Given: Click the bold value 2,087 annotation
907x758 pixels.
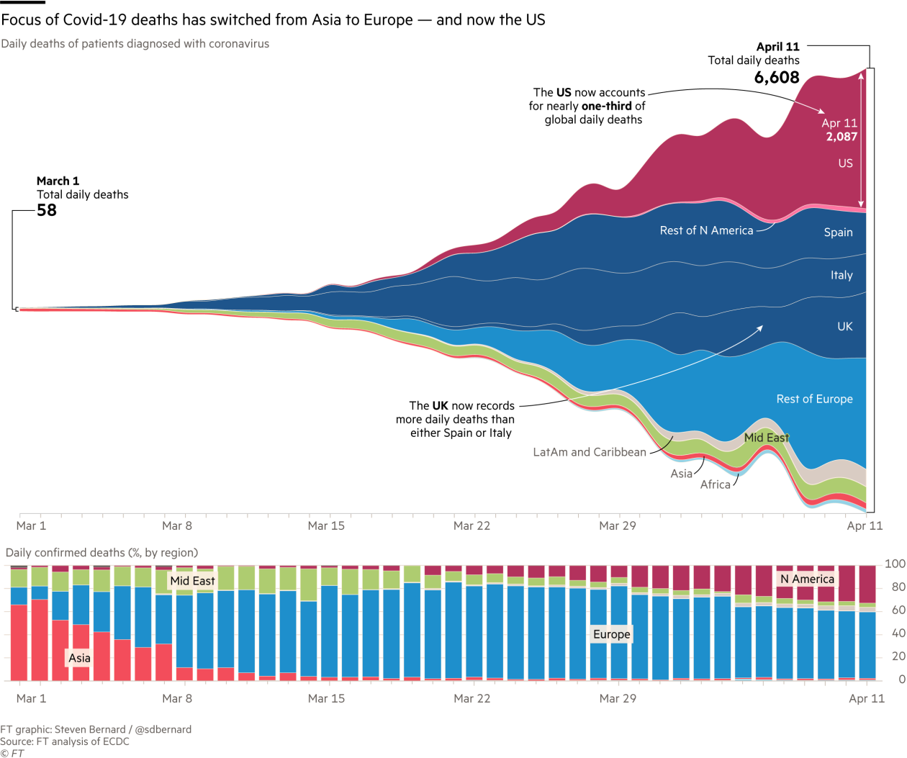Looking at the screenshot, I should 841,137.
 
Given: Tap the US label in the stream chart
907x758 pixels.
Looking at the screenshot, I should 845,163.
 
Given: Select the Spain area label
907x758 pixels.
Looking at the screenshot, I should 838,233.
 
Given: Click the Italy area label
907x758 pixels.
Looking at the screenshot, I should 841,275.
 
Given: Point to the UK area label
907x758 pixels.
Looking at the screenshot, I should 844,327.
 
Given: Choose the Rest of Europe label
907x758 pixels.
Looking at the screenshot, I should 814,399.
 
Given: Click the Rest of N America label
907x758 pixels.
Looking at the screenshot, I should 706,230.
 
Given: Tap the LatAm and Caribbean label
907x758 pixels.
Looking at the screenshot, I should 589,452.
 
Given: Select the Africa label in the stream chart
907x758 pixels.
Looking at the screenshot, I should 715,484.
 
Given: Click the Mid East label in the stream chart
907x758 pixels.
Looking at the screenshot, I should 766,438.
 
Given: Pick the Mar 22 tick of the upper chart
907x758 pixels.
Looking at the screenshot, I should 471,525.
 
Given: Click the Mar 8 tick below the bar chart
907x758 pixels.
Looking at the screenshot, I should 177,698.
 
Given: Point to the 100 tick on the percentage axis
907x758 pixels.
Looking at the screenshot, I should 895,564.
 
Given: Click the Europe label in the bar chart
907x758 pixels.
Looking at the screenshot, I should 611,634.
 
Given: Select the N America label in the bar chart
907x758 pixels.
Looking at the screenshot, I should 807,579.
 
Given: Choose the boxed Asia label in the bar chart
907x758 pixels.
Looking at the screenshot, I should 79,658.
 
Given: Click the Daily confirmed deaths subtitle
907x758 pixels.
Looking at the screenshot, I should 101,553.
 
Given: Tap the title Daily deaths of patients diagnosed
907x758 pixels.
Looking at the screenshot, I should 135,44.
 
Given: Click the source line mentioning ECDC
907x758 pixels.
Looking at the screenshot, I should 65,741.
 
